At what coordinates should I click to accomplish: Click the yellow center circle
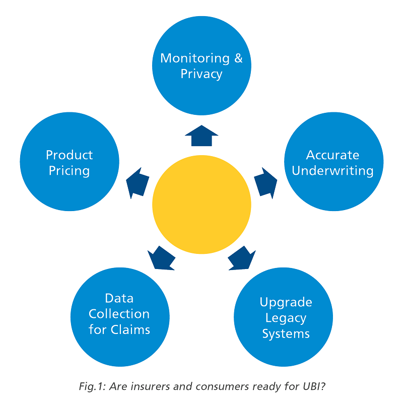tap(201, 205)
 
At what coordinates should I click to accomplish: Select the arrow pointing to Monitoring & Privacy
tap(201, 136)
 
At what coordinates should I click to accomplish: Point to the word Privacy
tap(201, 74)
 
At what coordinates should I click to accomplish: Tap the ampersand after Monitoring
tap(238, 58)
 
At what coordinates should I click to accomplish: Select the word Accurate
tap(332, 155)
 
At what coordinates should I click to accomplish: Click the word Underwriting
tap(332, 171)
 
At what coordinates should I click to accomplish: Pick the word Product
tap(70, 155)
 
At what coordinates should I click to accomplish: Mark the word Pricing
tap(70, 171)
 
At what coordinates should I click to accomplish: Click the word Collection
tap(119, 314)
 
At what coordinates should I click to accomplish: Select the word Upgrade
tap(286, 302)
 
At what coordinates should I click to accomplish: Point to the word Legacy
tap(286, 318)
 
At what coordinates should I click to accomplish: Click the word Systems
tap(286, 334)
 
